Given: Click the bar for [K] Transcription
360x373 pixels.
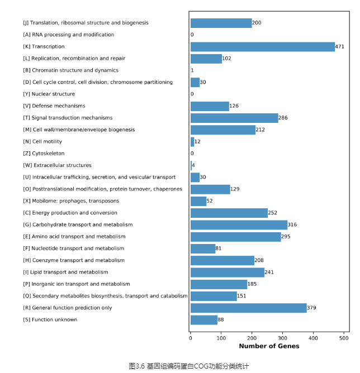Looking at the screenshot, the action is pyautogui.click(x=263, y=47).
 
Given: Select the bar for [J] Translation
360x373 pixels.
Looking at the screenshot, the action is pyautogui.click(x=221, y=23).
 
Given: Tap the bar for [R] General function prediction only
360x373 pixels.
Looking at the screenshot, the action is pyautogui.click(x=249, y=308).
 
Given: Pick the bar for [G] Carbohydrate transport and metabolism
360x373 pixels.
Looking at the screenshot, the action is pyautogui.click(x=239, y=225).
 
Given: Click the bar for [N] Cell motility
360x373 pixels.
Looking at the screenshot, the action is pyautogui.click(x=192, y=142).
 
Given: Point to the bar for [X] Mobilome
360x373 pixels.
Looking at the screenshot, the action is pyautogui.click(x=198, y=201).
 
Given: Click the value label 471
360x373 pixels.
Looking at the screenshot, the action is pyautogui.click(x=339, y=47).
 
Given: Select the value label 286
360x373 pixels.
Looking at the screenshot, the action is pyautogui.click(x=283, y=118).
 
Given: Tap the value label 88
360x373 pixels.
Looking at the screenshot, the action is pyautogui.click(x=221, y=320).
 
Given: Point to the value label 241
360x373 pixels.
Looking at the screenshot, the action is pyautogui.click(x=269, y=272).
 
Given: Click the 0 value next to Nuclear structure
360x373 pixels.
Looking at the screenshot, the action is pyautogui.click(x=192, y=94).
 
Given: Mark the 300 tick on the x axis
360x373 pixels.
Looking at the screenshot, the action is pyautogui.click(x=282, y=338).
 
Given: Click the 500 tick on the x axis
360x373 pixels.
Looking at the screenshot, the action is pyautogui.click(x=344, y=338).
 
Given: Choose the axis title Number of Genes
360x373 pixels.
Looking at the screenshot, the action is pyautogui.click(x=269, y=346).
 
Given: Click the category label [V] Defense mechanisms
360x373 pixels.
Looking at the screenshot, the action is pyautogui.click(x=54, y=106).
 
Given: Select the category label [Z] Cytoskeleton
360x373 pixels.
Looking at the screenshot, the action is pyautogui.click(x=44, y=154).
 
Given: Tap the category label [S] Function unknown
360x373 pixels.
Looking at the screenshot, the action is pyautogui.click(x=50, y=320).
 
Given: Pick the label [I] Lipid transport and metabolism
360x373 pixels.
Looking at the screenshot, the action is pyautogui.click(x=65, y=272).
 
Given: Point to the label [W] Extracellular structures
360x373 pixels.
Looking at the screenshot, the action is pyautogui.click(x=57, y=165).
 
